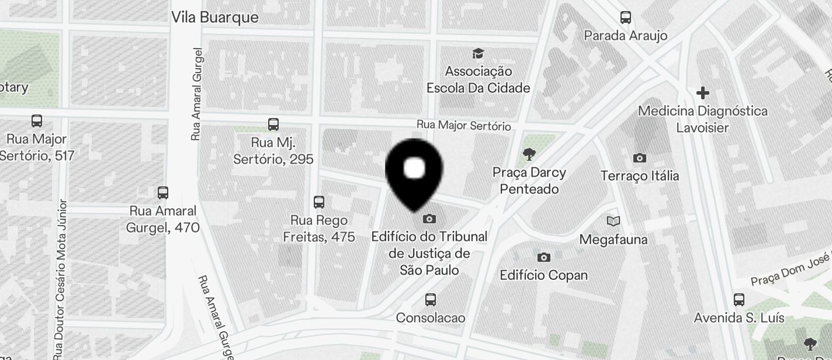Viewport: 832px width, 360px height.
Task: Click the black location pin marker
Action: pos(414,171)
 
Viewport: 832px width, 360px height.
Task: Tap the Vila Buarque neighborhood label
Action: pos(214,18)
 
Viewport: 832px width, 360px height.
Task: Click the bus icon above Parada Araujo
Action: pos(626,18)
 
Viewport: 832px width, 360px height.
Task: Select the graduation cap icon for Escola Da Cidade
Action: pos(479,54)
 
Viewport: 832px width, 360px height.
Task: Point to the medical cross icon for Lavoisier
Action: pos(703,93)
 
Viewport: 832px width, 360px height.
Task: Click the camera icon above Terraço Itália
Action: pos(640,158)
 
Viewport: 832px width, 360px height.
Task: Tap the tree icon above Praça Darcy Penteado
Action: pos(529,154)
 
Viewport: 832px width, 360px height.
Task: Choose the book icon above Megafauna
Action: pos(613,221)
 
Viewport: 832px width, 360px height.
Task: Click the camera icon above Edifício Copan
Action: pos(543,257)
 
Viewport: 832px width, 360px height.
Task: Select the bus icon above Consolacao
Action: pos(431,300)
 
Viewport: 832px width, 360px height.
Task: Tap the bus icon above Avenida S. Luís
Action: pos(739,300)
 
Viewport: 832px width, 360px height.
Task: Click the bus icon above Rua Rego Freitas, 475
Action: pos(318,202)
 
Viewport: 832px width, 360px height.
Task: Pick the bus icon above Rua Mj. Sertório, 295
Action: pos(273,124)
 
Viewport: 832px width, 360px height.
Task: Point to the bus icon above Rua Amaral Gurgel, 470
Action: pos(163,193)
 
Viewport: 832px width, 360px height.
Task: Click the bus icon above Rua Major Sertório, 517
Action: pos(37,121)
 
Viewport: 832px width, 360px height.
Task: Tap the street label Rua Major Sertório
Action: pos(463,126)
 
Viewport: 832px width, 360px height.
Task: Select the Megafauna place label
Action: pos(613,240)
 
